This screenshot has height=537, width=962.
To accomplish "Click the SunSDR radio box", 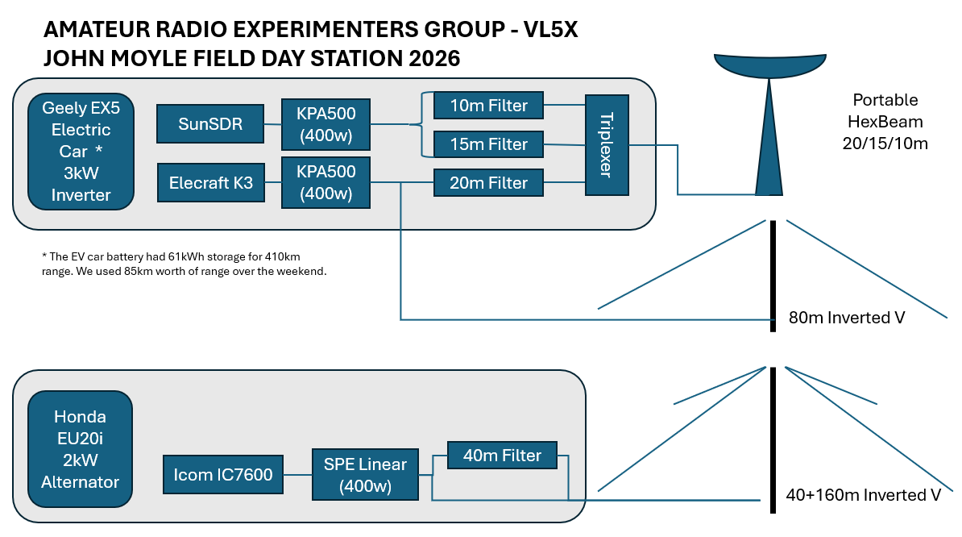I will pos(210,125).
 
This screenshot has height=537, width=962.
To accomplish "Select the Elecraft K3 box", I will pos(210,183).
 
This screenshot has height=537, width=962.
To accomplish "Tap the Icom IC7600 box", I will pos(223,475).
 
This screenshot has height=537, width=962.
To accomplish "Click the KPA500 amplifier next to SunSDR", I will pos(326,124).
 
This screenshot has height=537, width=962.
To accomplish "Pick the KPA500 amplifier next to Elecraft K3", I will pos(326,182).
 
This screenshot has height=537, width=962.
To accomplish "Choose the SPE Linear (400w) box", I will pos(365,475).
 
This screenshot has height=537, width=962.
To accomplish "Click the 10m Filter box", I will pos(488,106).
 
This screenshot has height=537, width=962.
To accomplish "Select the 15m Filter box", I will pos(488,144).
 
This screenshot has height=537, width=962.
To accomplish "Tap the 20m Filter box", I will pos(488,183).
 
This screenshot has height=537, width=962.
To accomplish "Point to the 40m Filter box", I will pos(502,456).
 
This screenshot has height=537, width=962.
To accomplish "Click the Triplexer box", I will pos(607,144).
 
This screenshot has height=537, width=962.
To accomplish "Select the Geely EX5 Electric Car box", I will pos(80,151).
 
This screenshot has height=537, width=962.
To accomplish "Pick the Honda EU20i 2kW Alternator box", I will pos(80,450).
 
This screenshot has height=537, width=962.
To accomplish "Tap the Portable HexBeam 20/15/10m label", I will pos(885,122).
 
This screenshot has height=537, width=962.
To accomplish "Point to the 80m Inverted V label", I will pos(847,318).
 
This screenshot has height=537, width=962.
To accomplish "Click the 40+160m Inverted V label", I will pos(863,495).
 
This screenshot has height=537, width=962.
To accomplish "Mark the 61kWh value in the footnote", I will pos(169,256).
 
